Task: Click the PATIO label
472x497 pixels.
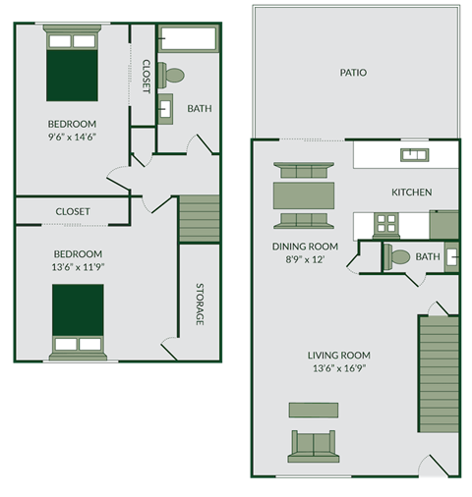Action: [x=353, y=72]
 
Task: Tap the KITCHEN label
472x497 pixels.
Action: [x=411, y=192]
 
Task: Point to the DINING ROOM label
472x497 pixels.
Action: [x=305, y=247]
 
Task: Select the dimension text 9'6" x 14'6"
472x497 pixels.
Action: [x=72, y=138]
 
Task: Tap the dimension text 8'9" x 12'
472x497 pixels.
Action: [x=305, y=260]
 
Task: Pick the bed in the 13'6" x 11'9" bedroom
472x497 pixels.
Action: [x=78, y=321]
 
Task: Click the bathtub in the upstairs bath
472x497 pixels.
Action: [x=187, y=40]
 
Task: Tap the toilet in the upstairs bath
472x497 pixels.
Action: [x=173, y=75]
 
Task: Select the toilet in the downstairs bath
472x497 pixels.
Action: [x=398, y=257]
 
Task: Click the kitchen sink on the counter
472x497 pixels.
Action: [x=413, y=154]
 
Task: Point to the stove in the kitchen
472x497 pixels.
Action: [x=385, y=224]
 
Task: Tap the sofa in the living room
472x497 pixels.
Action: [x=313, y=446]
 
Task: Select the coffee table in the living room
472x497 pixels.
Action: [x=313, y=410]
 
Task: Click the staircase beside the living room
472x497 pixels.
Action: [x=439, y=373]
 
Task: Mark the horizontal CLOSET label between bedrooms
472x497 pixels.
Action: [x=73, y=211]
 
